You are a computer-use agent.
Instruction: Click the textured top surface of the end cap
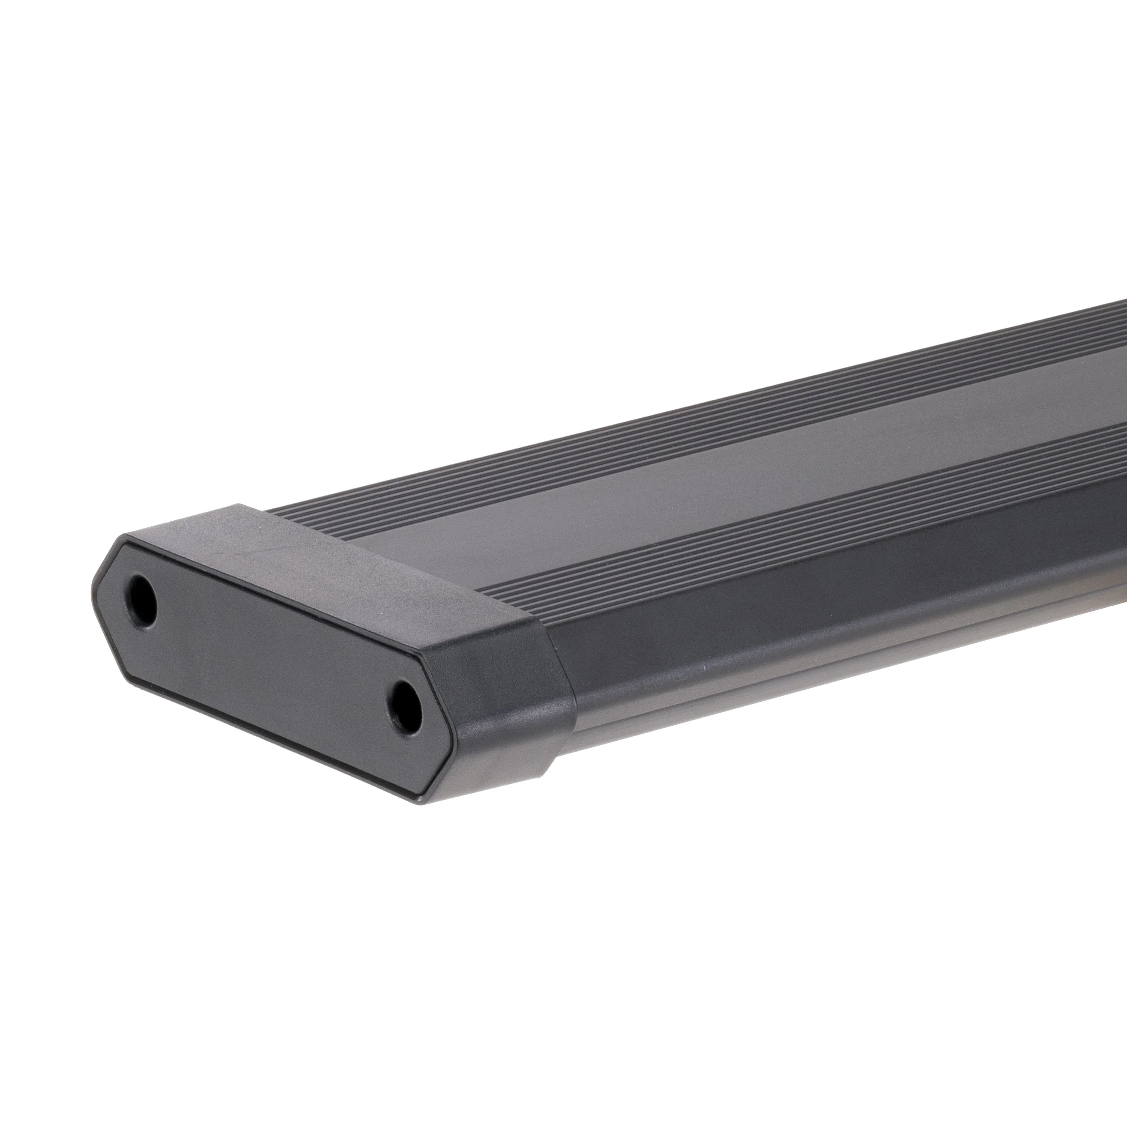(362, 560)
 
